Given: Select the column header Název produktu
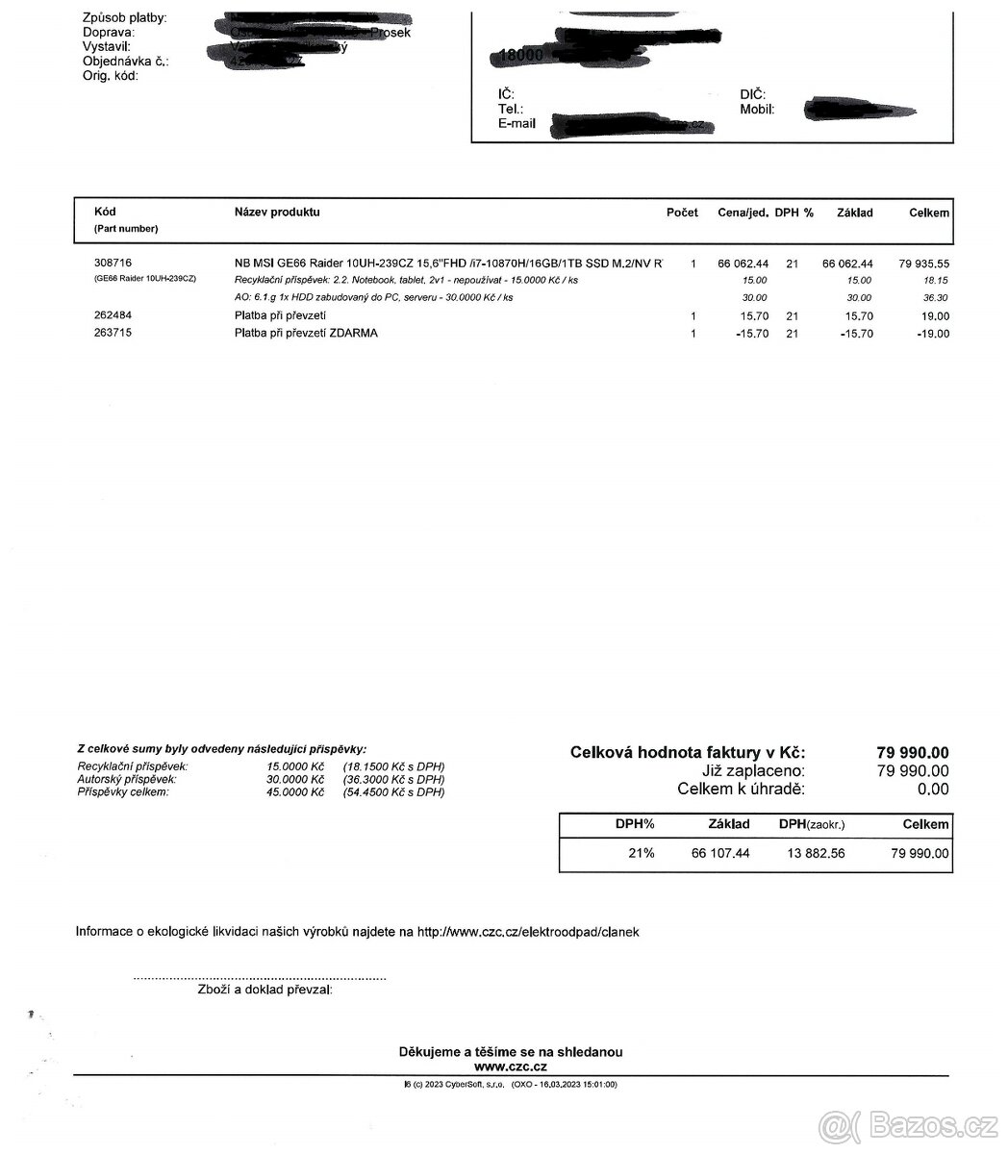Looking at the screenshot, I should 277,213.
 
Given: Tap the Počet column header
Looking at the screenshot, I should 682,213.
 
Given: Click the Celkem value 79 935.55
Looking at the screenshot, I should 923,263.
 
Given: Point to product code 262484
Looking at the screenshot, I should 113,315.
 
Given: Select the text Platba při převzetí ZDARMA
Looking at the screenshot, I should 306,334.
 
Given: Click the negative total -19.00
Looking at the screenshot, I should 932,334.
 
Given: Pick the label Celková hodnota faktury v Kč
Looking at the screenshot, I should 688,752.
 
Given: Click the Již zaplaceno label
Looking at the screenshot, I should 753,770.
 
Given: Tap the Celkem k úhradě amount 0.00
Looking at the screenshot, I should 932,790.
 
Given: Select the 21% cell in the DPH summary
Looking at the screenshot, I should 642,853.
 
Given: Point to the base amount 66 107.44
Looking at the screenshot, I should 719,853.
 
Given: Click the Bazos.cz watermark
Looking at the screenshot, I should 908,1122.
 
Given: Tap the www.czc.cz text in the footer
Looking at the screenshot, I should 511,1066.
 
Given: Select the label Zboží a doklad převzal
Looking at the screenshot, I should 265,990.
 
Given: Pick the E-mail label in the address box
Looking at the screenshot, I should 517,124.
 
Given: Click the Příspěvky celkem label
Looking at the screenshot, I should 122,792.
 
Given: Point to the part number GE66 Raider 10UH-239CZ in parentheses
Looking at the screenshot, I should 145,279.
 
